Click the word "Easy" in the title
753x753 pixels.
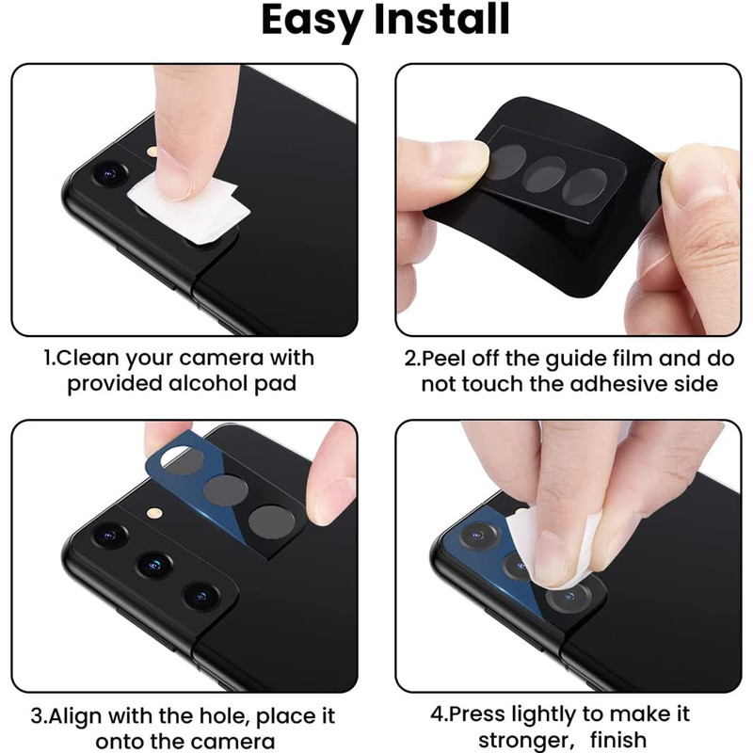pos(312,20)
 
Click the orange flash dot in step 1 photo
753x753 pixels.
pos(152,152)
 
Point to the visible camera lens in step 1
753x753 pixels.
pos(110,173)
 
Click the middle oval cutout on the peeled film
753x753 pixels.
pos(544,174)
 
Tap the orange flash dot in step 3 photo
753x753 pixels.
pos(154,513)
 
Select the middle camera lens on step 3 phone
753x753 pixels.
pos(154,565)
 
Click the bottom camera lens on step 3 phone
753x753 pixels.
pos(201,596)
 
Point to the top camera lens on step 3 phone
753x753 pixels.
pos(110,535)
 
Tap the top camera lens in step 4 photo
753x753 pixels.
pos(480,536)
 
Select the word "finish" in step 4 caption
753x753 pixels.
pos(618,740)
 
